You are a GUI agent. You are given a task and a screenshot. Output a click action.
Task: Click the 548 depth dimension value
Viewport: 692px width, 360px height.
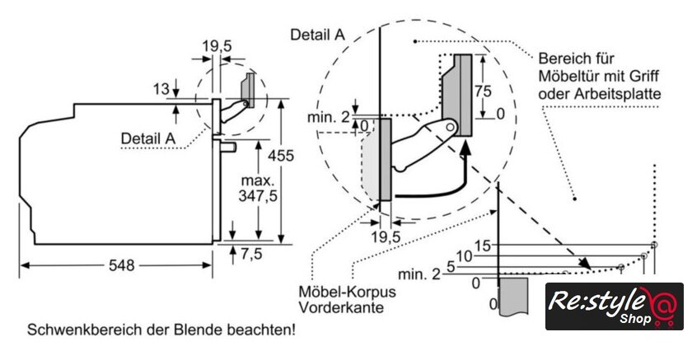(122, 266)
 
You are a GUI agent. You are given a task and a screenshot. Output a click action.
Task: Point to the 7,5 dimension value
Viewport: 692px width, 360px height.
(250, 255)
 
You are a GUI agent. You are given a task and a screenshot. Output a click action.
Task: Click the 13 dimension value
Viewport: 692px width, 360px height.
(160, 88)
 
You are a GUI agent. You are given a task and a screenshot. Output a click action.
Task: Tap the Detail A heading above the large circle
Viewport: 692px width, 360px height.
(317, 35)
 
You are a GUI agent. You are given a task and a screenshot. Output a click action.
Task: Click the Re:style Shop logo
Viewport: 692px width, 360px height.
(613, 306)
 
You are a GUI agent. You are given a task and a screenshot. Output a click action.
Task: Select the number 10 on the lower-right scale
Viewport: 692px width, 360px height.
(464, 256)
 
